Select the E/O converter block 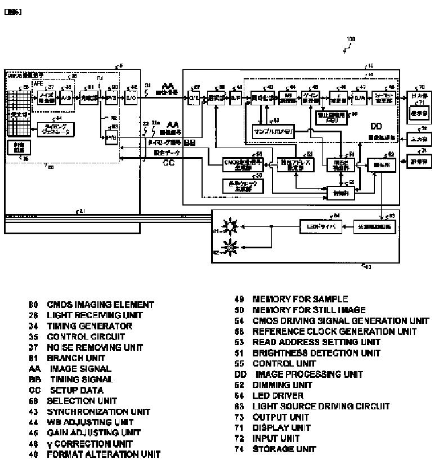click(131, 98)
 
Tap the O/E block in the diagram click(196, 98)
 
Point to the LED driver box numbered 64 click(318, 226)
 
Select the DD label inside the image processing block click(376, 127)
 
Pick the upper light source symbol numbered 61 click(230, 226)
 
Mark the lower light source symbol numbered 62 click(229, 247)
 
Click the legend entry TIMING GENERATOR click(82, 326)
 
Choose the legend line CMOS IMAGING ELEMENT click(92, 305)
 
